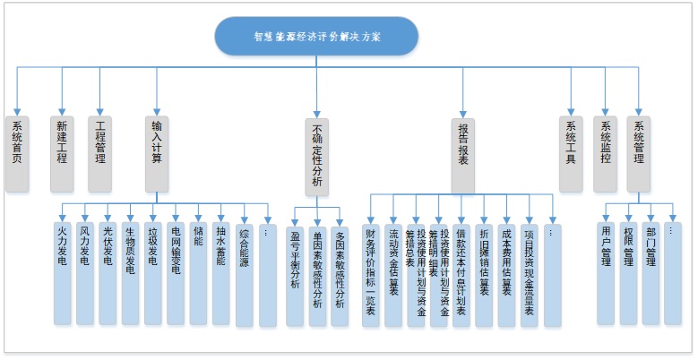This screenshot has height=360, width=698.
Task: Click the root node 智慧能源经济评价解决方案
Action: [316, 37]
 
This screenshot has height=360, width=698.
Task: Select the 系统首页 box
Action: [17, 153]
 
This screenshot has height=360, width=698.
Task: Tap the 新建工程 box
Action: [62, 153]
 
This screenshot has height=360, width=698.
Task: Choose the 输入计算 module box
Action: [157, 153]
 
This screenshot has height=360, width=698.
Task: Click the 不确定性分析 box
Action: [316, 157]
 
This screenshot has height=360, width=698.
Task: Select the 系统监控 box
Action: [606, 153]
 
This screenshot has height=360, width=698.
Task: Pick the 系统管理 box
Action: [639, 153]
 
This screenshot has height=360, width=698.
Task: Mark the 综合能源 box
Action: [245, 273]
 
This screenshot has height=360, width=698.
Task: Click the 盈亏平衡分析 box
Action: [296, 273]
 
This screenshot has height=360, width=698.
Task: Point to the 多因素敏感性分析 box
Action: [339, 273]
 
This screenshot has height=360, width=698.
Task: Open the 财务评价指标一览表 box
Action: [371, 273]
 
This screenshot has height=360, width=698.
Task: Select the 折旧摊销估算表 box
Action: [484, 273]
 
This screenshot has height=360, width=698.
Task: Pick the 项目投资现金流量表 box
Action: [529, 273]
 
